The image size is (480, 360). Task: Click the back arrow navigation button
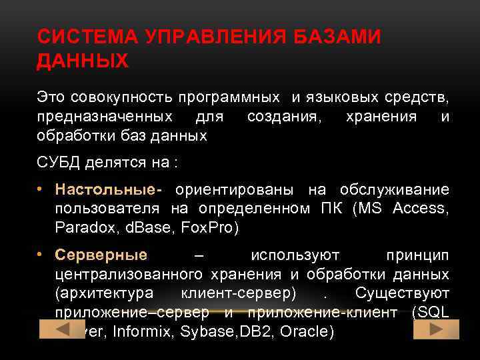63,329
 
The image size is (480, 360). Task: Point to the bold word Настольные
105,190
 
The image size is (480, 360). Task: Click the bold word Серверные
101,255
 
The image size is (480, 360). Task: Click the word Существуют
403,293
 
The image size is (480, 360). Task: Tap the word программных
229,97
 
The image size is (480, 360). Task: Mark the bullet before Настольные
41,190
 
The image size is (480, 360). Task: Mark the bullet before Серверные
41,255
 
